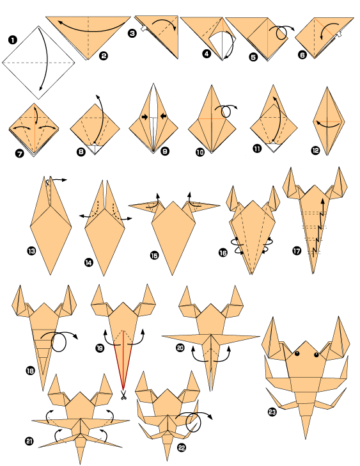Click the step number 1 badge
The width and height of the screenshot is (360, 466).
[x=12, y=40]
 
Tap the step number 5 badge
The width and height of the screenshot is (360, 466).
[x=254, y=57]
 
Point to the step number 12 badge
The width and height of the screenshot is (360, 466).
[x=315, y=151]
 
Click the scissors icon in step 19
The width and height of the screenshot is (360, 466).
[x=123, y=395]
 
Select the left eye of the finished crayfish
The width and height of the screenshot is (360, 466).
[x=297, y=353]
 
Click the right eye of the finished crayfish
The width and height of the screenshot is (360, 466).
[x=315, y=353]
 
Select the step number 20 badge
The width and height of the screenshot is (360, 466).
[x=180, y=348]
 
